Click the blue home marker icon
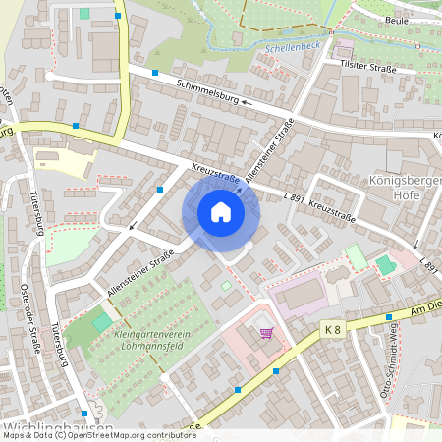click(221, 212)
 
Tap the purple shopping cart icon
click(265, 333)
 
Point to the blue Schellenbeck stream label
click(291, 46)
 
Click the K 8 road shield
click(331, 332)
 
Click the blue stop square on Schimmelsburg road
click(155, 72)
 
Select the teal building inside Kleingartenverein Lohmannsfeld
click(102, 322)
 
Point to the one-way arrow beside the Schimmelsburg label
click(247, 100)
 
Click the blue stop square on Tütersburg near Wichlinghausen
click(85, 414)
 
